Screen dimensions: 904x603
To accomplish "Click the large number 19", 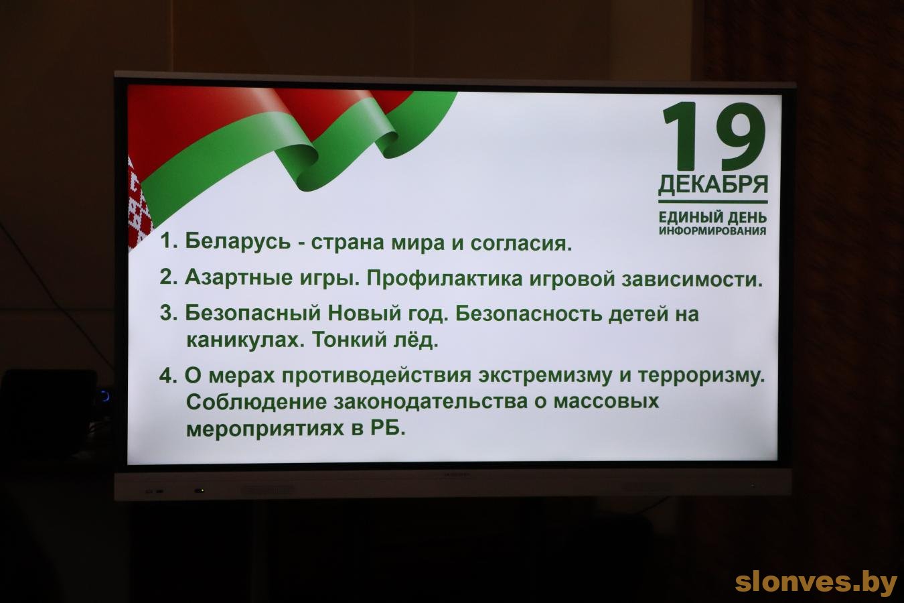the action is click(714, 137).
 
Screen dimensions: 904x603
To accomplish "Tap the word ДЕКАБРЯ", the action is click(713, 185).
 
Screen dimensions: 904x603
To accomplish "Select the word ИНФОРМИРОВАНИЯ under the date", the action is click(712, 231).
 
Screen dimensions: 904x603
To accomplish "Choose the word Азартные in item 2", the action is click(238, 278).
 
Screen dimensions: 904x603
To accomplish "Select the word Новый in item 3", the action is click(358, 314).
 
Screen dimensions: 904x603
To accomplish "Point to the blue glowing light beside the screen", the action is click(105, 395).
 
